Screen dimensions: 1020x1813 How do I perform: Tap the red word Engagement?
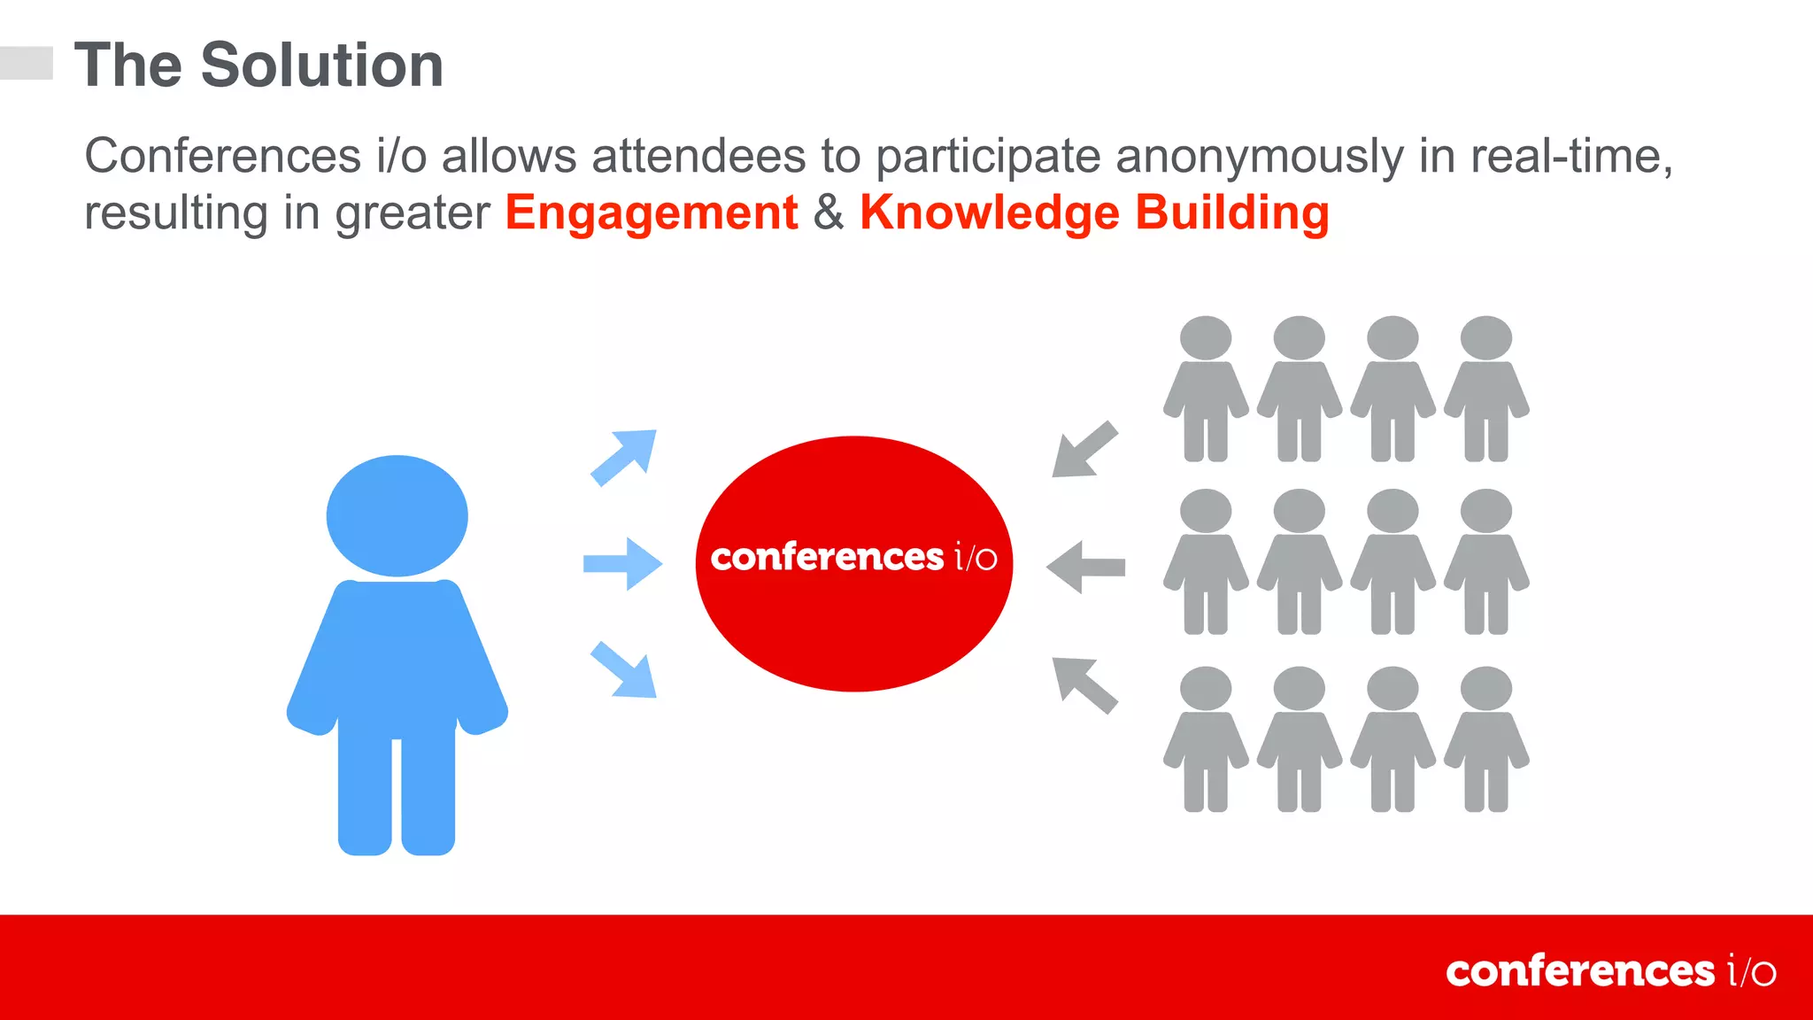652,213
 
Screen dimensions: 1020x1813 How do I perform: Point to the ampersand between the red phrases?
829,213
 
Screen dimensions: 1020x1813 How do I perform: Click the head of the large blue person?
397,516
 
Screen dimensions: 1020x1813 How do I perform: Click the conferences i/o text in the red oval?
853,558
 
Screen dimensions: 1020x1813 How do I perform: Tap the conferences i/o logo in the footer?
1609,971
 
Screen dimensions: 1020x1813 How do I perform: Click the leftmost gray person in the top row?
1206,390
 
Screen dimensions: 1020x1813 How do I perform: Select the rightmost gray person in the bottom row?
1486,740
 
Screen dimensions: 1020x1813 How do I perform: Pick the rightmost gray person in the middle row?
1486,563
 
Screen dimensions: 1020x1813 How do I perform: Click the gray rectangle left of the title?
27,63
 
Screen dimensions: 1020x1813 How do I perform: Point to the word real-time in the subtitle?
1570,157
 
